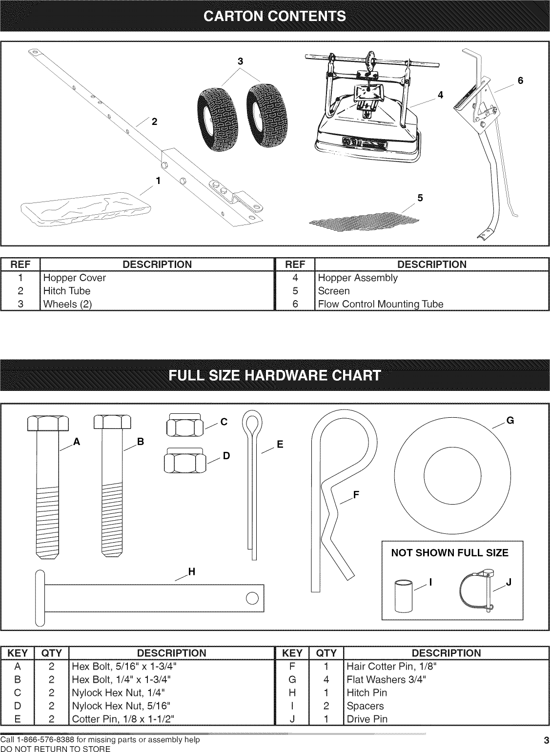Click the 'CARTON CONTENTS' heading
[275, 16]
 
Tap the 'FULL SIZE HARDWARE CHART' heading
[275, 375]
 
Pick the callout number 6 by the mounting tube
[520, 81]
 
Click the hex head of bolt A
[47, 423]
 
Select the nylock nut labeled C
[185, 426]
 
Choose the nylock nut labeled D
[185, 460]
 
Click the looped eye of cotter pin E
[252, 421]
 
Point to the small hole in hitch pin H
[252, 598]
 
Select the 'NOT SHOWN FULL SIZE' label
[449, 553]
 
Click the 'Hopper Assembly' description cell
[358, 278]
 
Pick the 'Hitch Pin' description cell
[367, 693]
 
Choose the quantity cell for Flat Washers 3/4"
[326, 680]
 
